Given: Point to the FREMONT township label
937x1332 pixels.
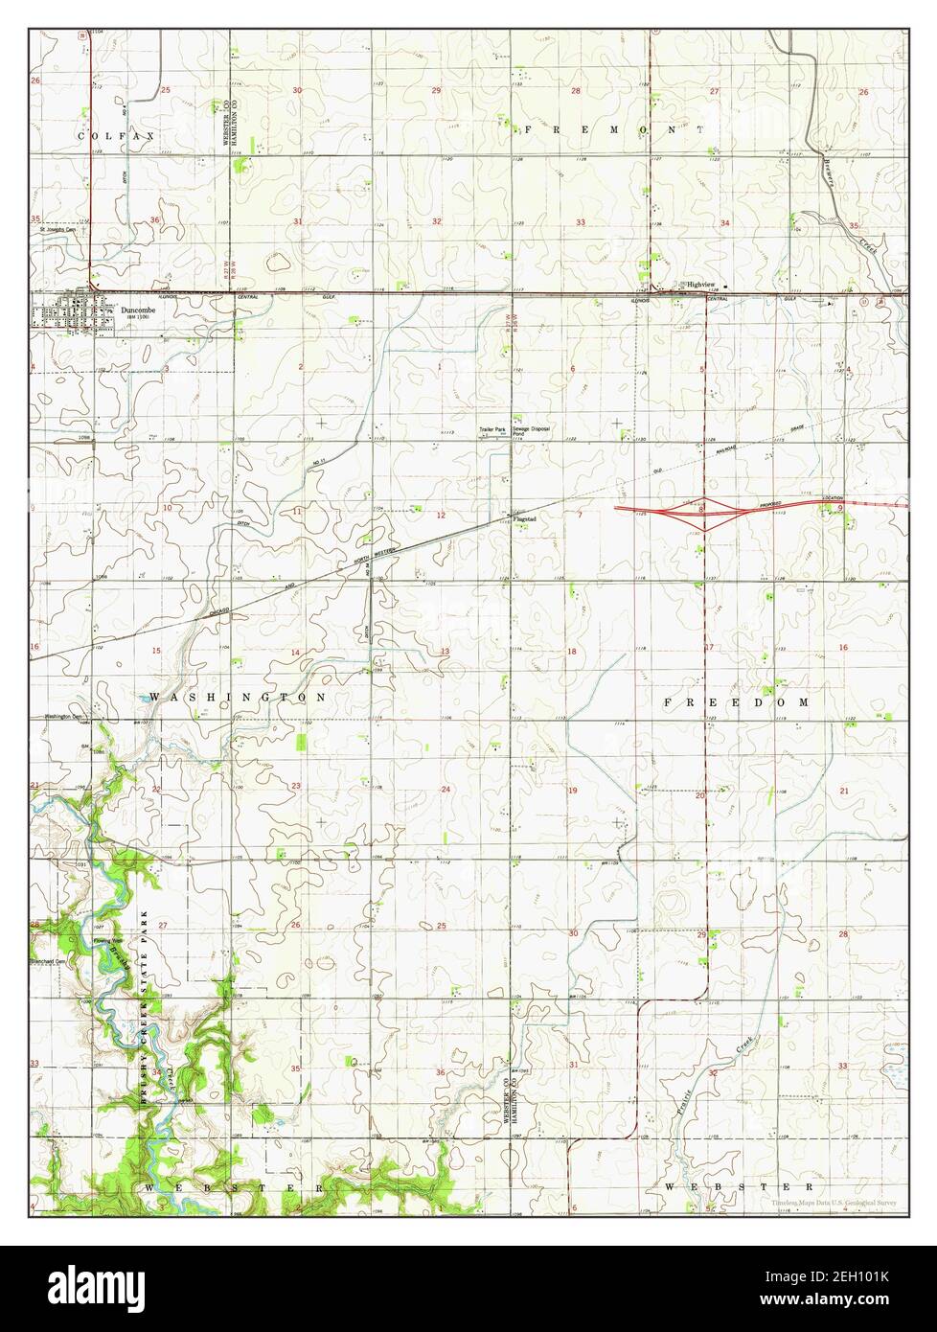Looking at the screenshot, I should pos(613,128).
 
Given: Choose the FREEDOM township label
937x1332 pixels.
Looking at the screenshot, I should pos(737,702).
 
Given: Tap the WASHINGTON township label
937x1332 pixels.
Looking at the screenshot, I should pos(238,697).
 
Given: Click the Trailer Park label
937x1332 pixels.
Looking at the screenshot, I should pos(492,429).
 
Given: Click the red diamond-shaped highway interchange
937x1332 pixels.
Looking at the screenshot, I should pos(702,512).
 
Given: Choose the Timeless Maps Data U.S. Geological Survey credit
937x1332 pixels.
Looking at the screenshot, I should pos(832,1201).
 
